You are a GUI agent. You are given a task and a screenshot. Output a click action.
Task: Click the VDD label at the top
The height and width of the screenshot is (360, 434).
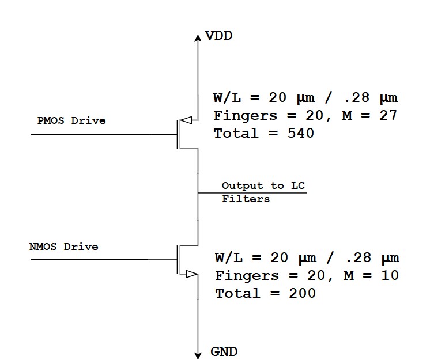point(219,36)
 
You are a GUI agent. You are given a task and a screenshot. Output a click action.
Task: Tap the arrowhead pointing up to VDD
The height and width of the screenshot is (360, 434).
point(198,34)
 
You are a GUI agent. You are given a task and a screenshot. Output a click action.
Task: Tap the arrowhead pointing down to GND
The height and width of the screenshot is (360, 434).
point(198,353)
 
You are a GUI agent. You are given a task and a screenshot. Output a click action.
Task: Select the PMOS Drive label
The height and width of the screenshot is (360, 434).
point(71,120)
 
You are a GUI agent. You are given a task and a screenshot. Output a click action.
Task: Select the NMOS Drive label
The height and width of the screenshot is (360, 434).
point(63,247)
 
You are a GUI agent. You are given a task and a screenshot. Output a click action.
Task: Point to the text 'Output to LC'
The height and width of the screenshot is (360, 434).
point(263,185)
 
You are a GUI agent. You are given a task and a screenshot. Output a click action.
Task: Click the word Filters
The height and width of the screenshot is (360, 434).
point(246,199)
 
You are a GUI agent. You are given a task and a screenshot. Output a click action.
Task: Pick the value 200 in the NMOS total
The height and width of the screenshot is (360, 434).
point(301,293)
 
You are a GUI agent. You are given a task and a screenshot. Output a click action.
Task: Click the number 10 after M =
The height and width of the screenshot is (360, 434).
point(389,275)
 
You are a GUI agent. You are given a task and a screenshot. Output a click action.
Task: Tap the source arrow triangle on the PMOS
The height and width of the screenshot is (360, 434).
point(186,121)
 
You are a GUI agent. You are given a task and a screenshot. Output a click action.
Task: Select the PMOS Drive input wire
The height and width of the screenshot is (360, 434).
point(104,134)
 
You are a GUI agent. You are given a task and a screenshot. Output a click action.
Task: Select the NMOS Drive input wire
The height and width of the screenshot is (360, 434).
point(104,259)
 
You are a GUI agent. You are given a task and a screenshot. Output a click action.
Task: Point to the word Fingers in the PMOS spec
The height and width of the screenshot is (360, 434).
point(245,115)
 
